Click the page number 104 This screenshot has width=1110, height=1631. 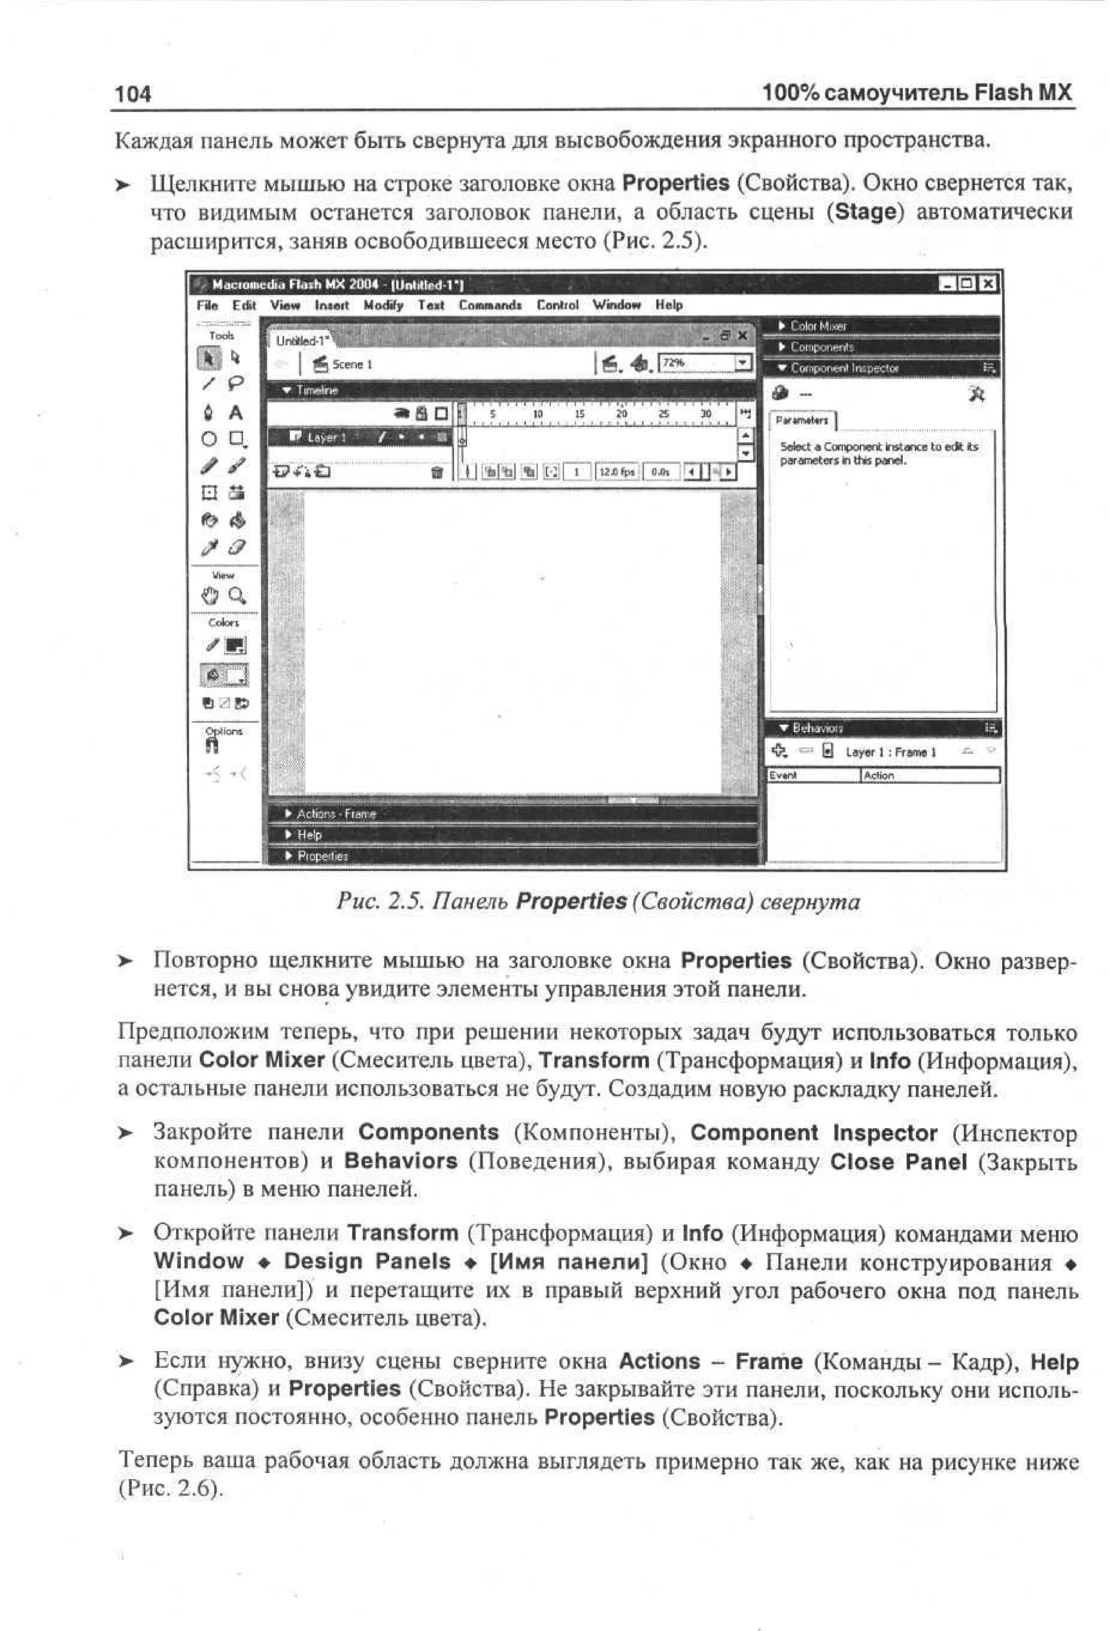coord(132,93)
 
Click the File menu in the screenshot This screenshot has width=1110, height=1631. coord(207,305)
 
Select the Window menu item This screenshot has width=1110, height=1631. coord(616,305)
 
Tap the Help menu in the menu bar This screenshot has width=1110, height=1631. coord(668,305)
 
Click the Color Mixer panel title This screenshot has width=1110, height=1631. coord(818,326)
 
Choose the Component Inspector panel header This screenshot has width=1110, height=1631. coord(844,368)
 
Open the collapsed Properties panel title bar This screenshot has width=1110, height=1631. coord(322,856)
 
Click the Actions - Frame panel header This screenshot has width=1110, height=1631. coord(335,814)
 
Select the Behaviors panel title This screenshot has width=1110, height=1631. coord(817,728)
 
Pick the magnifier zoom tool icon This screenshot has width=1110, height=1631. coord(237,597)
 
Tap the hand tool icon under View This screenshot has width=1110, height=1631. coord(209,597)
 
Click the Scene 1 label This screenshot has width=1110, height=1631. coord(351,364)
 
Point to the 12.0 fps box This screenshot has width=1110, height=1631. coord(616,473)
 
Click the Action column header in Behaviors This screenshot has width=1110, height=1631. coord(879,775)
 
